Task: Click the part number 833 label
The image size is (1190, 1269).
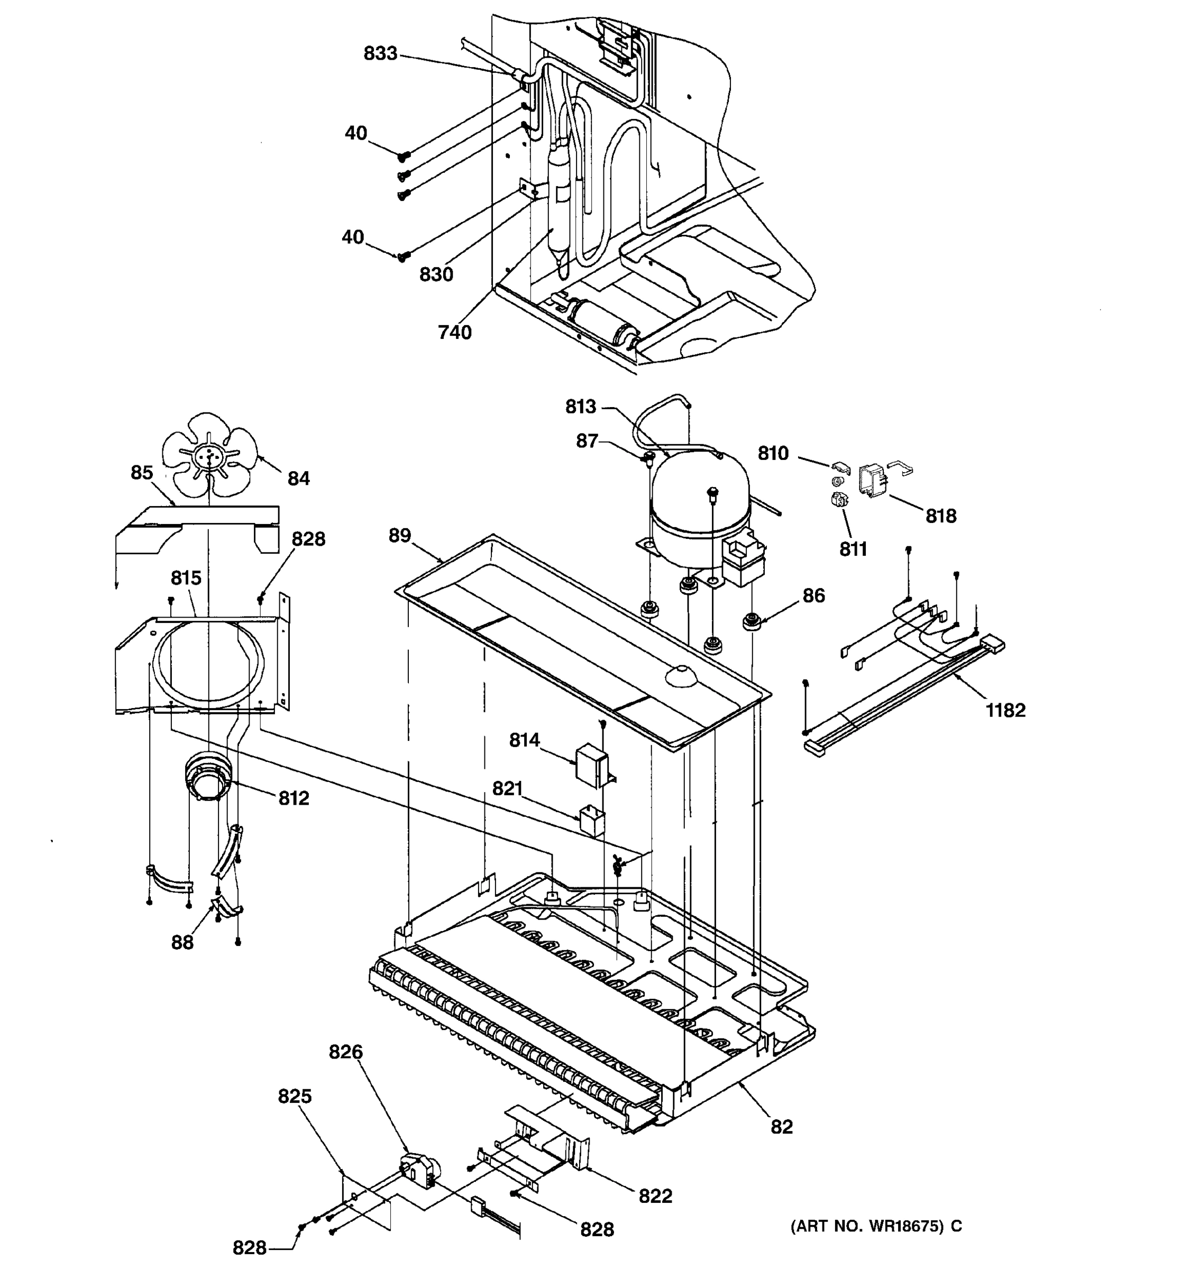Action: pos(380,53)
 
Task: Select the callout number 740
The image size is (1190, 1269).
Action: pos(454,332)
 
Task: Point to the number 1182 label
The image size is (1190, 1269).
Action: pos(1005,710)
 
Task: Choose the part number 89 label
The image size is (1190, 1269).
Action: pos(400,535)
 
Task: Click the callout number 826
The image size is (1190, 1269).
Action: pos(345,1051)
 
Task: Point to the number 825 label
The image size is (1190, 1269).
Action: pos(294,1096)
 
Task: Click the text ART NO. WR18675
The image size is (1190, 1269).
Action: pos(868,1226)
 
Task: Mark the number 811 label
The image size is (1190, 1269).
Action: pos(853,549)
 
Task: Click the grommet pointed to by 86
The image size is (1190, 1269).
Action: pos(752,620)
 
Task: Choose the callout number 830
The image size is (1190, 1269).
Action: pos(436,274)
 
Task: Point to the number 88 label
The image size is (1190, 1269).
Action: pos(182,942)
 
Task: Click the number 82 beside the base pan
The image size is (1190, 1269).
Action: pos(781,1127)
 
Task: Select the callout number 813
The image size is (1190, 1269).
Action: pos(580,406)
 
